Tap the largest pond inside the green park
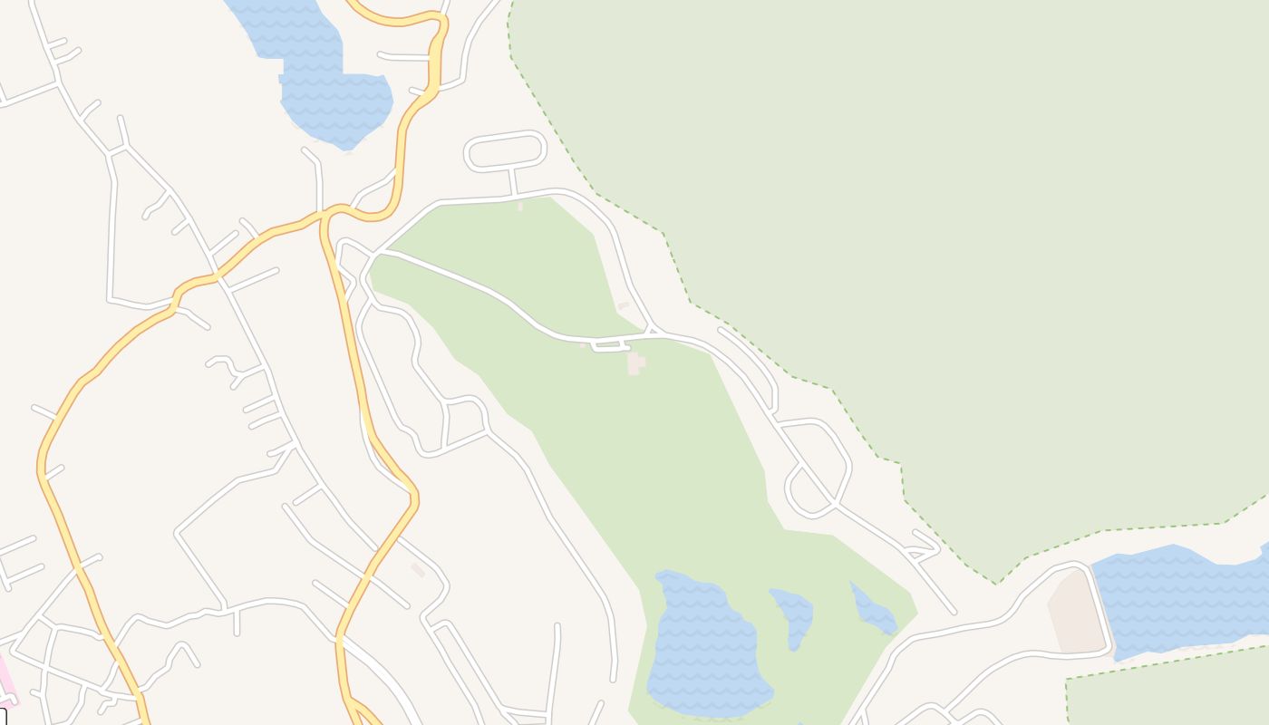(702, 643)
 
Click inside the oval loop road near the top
(505, 150)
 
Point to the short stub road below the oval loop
(513, 181)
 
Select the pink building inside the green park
(636, 362)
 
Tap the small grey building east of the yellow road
(417, 569)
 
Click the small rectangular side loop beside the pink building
(610, 345)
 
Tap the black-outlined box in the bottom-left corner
(3, 717)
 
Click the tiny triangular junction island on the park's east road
(652, 329)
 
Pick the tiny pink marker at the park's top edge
(520, 206)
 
